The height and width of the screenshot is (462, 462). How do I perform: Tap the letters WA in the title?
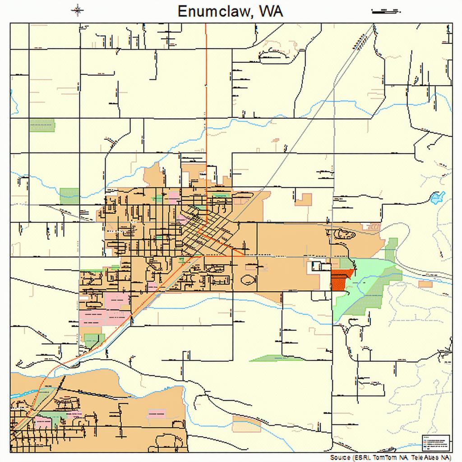[x=271, y=11]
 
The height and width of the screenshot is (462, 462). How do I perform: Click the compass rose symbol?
[x=78, y=10]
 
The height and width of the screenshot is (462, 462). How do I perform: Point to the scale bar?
[x=386, y=9]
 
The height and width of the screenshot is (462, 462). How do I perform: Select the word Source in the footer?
[x=341, y=457]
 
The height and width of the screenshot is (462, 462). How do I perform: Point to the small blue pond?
[x=437, y=197]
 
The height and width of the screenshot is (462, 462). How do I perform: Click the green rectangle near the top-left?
[x=42, y=125]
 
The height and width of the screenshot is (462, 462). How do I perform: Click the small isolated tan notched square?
[x=304, y=199]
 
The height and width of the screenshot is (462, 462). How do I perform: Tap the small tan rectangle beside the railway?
[x=425, y=284]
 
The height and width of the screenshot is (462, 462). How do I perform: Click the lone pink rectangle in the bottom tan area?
[x=156, y=413]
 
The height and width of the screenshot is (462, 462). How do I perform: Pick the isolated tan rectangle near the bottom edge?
[x=247, y=424]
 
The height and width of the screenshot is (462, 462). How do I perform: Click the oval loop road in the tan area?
[x=249, y=280]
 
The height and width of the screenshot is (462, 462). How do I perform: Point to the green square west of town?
[x=69, y=195]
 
